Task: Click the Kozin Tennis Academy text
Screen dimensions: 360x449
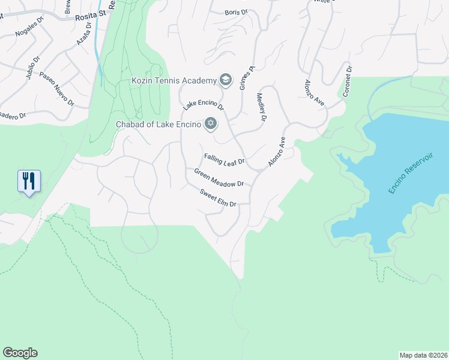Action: (173, 80)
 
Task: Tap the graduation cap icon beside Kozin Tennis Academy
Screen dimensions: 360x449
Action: (226, 80)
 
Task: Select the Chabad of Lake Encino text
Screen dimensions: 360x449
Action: (158, 124)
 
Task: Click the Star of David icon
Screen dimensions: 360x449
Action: (210, 124)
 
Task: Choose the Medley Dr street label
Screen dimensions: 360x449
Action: (261, 107)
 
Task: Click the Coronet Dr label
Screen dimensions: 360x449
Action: (347, 82)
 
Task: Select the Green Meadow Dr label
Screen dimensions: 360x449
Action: (218, 178)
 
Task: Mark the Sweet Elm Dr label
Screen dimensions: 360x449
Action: (218, 197)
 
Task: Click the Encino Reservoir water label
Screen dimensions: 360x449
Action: (410, 171)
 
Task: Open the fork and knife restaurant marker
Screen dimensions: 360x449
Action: (29, 181)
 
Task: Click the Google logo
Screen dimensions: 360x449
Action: (20, 353)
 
